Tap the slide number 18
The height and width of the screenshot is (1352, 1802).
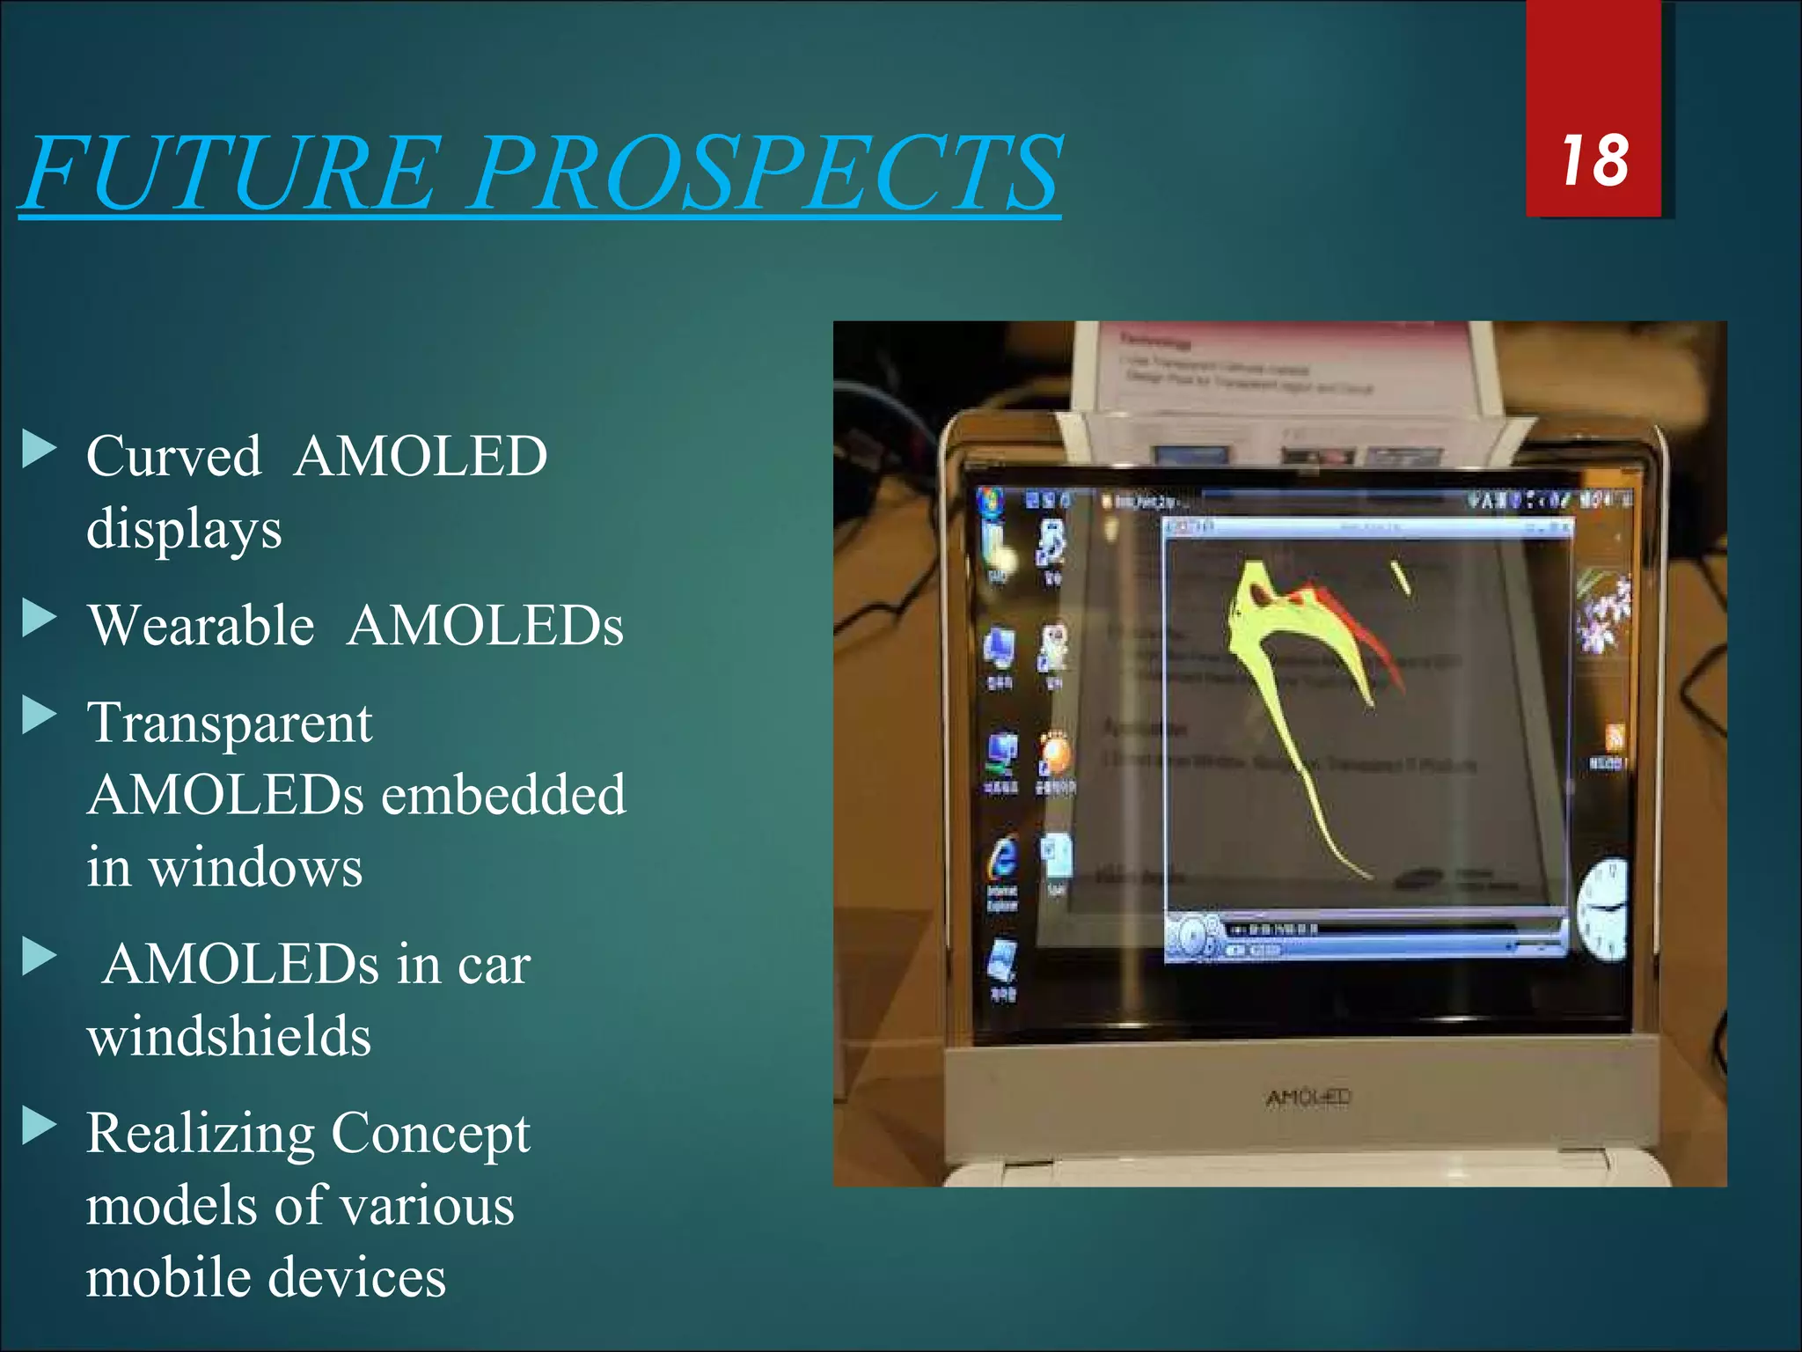(x=1593, y=161)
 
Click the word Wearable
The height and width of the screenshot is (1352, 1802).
(x=201, y=626)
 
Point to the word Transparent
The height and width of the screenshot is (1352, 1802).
(x=230, y=724)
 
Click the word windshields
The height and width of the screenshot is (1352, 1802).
(x=229, y=1036)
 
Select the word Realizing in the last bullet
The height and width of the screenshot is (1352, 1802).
(x=201, y=1134)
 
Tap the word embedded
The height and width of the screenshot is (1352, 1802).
(x=503, y=796)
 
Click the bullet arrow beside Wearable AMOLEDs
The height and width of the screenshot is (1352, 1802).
(x=38, y=618)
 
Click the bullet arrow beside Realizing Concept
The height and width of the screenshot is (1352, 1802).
(x=38, y=1126)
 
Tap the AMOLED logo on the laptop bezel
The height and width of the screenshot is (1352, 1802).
(x=1308, y=1097)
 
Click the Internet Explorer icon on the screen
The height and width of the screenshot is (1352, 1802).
(x=1002, y=858)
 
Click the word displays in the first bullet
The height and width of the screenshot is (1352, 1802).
(x=184, y=530)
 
